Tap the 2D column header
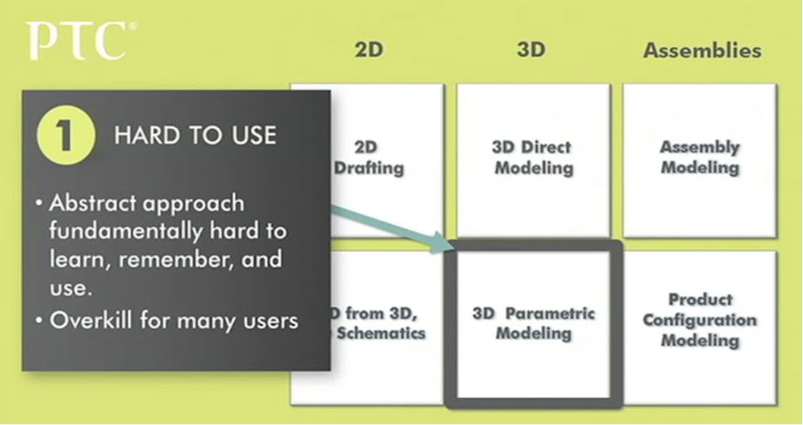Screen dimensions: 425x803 click(x=369, y=50)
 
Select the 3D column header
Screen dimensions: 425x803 click(x=531, y=50)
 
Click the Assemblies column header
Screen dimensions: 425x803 click(x=702, y=51)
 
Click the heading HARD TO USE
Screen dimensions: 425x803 click(x=195, y=136)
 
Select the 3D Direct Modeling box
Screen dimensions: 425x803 click(x=534, y=159)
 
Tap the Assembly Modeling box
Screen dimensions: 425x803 click(x=699, y=159)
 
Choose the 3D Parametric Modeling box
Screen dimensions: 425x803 click(x=534, y=324)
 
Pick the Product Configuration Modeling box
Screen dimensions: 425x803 click(x=699, y=320)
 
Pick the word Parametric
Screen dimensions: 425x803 click(x=553, y=313)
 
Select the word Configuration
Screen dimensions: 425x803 click(x=699, y=320)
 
